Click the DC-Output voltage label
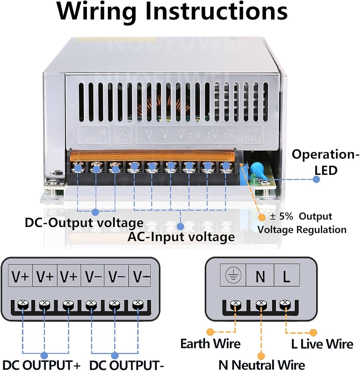[84, 222]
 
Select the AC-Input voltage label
[181, 236]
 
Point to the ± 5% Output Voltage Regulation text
[302, 223]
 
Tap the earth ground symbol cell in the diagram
[233, 277]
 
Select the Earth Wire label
[210, 344]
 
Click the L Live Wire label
[322, 344]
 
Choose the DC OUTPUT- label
[126, 365]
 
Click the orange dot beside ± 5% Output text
[262, 218]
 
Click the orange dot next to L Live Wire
[313, 333]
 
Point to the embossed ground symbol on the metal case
[120, 136]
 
